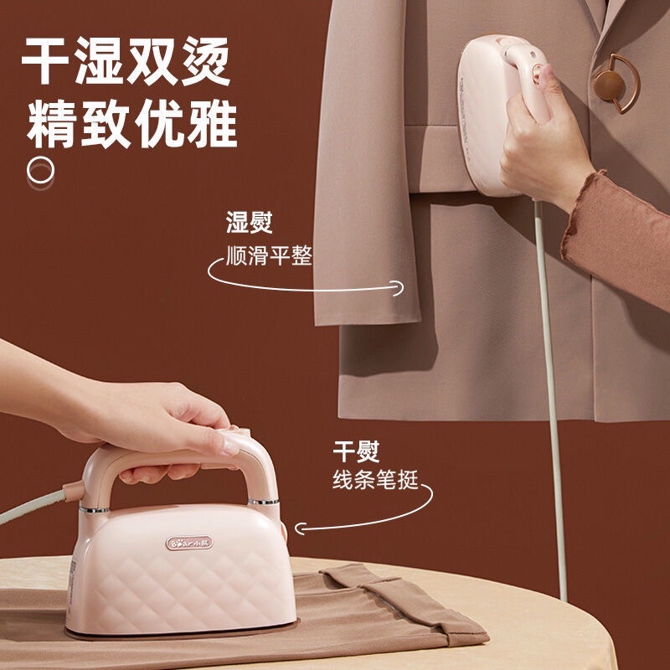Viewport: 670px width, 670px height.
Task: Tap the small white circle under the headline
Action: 40,169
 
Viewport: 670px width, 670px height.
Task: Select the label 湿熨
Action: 249,223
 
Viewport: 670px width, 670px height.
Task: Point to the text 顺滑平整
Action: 269,255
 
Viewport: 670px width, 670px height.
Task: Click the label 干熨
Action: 355,451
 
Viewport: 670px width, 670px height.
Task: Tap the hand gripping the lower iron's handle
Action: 167,427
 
